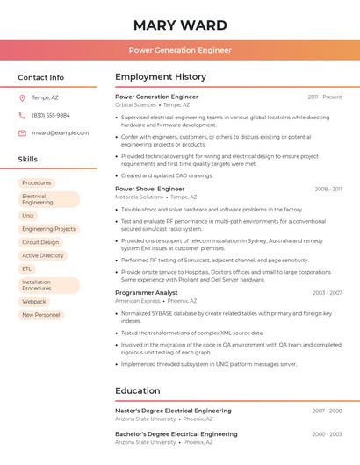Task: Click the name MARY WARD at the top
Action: [180, 25]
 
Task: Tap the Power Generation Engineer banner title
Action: [180, 50]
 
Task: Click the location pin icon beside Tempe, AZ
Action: [22, 97]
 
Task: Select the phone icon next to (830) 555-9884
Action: [22, 115]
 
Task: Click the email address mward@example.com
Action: [60, 132]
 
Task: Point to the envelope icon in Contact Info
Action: [22, 132]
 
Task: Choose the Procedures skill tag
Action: [36, 182]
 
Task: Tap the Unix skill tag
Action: [28, 215]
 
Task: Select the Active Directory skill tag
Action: [43, 255]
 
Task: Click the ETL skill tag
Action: [27, 268]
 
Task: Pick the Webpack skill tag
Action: [34, 301]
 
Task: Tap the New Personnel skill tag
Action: [40, 314]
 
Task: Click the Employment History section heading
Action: [161, 77]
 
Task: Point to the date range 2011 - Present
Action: [325, 97]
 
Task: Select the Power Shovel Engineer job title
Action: [149, 189]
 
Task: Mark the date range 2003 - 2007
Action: [327, 292]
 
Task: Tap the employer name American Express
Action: [137, 301]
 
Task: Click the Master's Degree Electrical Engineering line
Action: [173, 410]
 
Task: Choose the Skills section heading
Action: [27, 159]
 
